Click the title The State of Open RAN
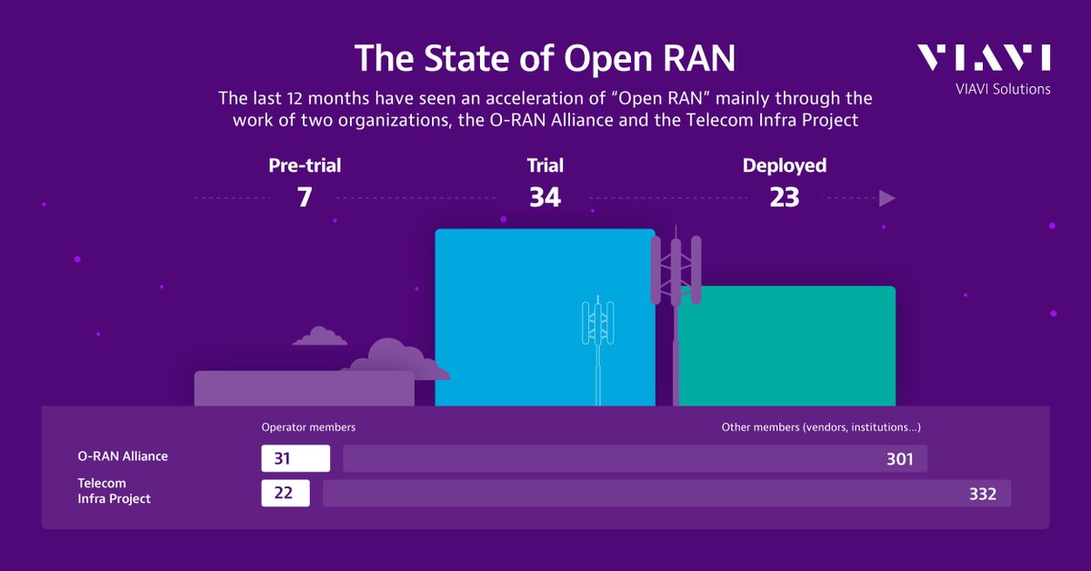[545, 57]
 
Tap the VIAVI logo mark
[983, 57]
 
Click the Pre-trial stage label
[305, 165]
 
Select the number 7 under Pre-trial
[305, 196]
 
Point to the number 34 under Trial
[545, 196]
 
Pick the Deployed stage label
[784, 165]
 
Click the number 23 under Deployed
[784, 196]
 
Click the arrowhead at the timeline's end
[887, 198]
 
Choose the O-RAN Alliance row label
[123, 456]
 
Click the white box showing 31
[295, 458]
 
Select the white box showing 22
[285, 494]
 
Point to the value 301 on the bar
[899, 459]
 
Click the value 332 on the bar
[982, 494]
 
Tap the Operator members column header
[308, 426]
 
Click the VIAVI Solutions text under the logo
[1003, 89]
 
